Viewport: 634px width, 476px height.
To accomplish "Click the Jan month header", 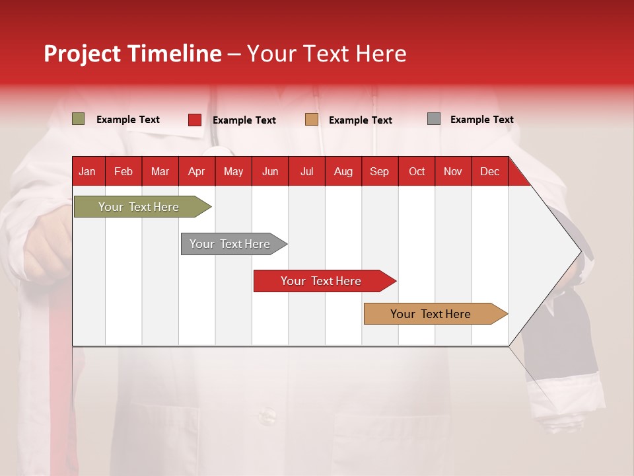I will click(87, 171).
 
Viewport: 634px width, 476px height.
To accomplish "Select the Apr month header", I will click(196, 171).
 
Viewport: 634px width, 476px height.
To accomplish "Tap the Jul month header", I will click(306, 171).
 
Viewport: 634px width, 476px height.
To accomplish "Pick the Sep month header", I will click(379, 171).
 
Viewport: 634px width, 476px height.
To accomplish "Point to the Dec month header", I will click(489, 171).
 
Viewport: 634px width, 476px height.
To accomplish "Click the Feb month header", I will click(123, 171).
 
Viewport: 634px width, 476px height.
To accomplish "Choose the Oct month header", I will click(417, 171).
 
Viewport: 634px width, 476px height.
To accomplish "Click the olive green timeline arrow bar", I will click(139, 207).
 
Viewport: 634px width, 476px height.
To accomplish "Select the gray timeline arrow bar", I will click(230, 244).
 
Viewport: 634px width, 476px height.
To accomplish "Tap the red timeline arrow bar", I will click(321, 281).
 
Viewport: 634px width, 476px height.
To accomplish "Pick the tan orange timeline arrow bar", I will click(431, 314).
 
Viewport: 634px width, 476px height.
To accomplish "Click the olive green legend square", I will click(79, 119).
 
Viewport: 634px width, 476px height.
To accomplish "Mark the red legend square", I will click(195, 120).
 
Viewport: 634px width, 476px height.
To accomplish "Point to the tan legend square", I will click(312, 120).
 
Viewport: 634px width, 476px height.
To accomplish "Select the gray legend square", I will click(434, 119).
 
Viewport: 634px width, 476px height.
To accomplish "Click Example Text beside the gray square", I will click(481, 120).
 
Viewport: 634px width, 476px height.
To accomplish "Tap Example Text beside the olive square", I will click(127, 120).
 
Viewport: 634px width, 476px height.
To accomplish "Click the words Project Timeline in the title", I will click(133, 54).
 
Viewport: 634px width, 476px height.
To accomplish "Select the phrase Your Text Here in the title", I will click(326, 54).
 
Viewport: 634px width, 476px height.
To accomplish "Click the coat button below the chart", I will click(267, 416).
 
